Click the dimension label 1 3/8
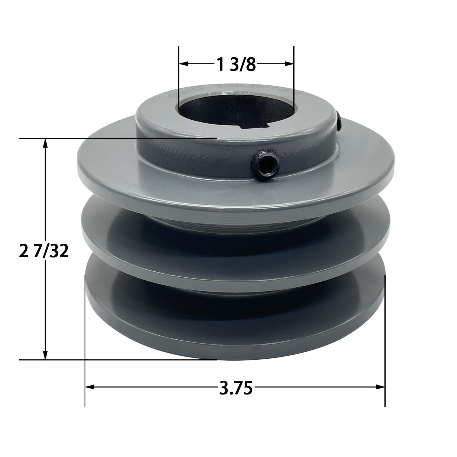click(236, 64)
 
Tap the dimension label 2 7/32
click(44, 251)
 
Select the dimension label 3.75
click(236, 388)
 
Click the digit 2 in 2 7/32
click(22, 251)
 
